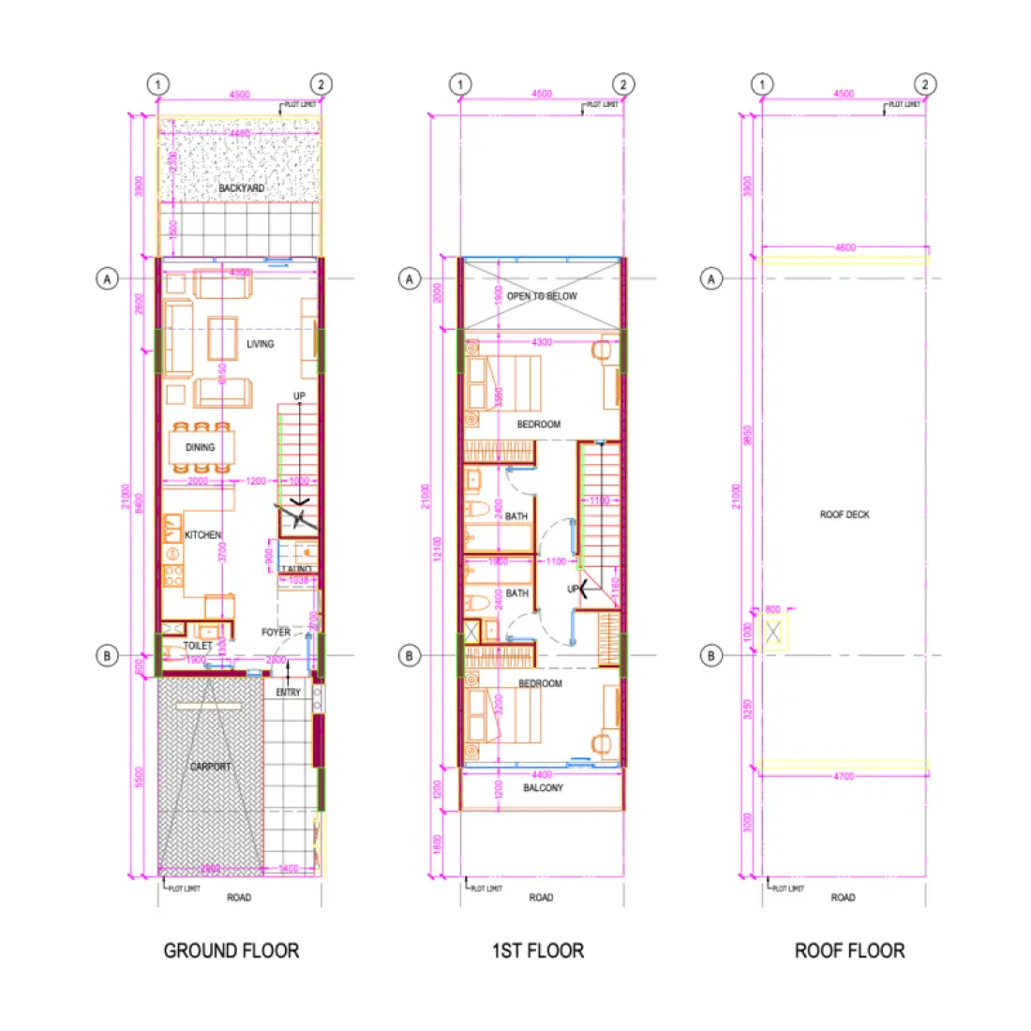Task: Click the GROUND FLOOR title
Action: tap(232, 950)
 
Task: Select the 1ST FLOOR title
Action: tap(538, 950)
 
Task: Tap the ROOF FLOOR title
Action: tap(849, 950)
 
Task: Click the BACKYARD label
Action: tap(241, 188)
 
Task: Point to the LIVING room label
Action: tap(261, 344)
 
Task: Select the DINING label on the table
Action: tap(200, 447)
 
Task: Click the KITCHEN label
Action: tap(202, 535)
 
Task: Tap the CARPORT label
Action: tap(211, 767)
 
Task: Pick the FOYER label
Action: tap(276, 633)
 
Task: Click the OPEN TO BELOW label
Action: tap(542, 296)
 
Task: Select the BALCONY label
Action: tap(544, 788)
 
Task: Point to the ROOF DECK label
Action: tap(844, 515)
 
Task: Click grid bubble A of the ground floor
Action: tap(108, 278)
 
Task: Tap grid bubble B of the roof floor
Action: tap(711, 655)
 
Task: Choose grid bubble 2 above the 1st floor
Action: tap(623, 84)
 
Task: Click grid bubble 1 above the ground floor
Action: tap(157, 84)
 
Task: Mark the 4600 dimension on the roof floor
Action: tap(844, 248)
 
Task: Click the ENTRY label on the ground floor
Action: tap(288, 693)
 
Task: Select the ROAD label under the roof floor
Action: tap(843, 898)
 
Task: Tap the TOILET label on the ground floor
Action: tap(198, 646)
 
